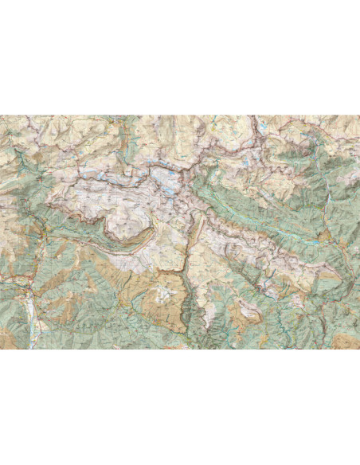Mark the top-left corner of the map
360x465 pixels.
1,116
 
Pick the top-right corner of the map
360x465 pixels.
358,116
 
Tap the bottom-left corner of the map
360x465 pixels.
1,349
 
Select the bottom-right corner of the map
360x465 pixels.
358,349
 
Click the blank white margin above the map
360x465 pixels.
180,56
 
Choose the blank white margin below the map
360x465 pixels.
180,406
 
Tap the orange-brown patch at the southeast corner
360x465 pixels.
346,341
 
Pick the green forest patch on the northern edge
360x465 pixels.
127,135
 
